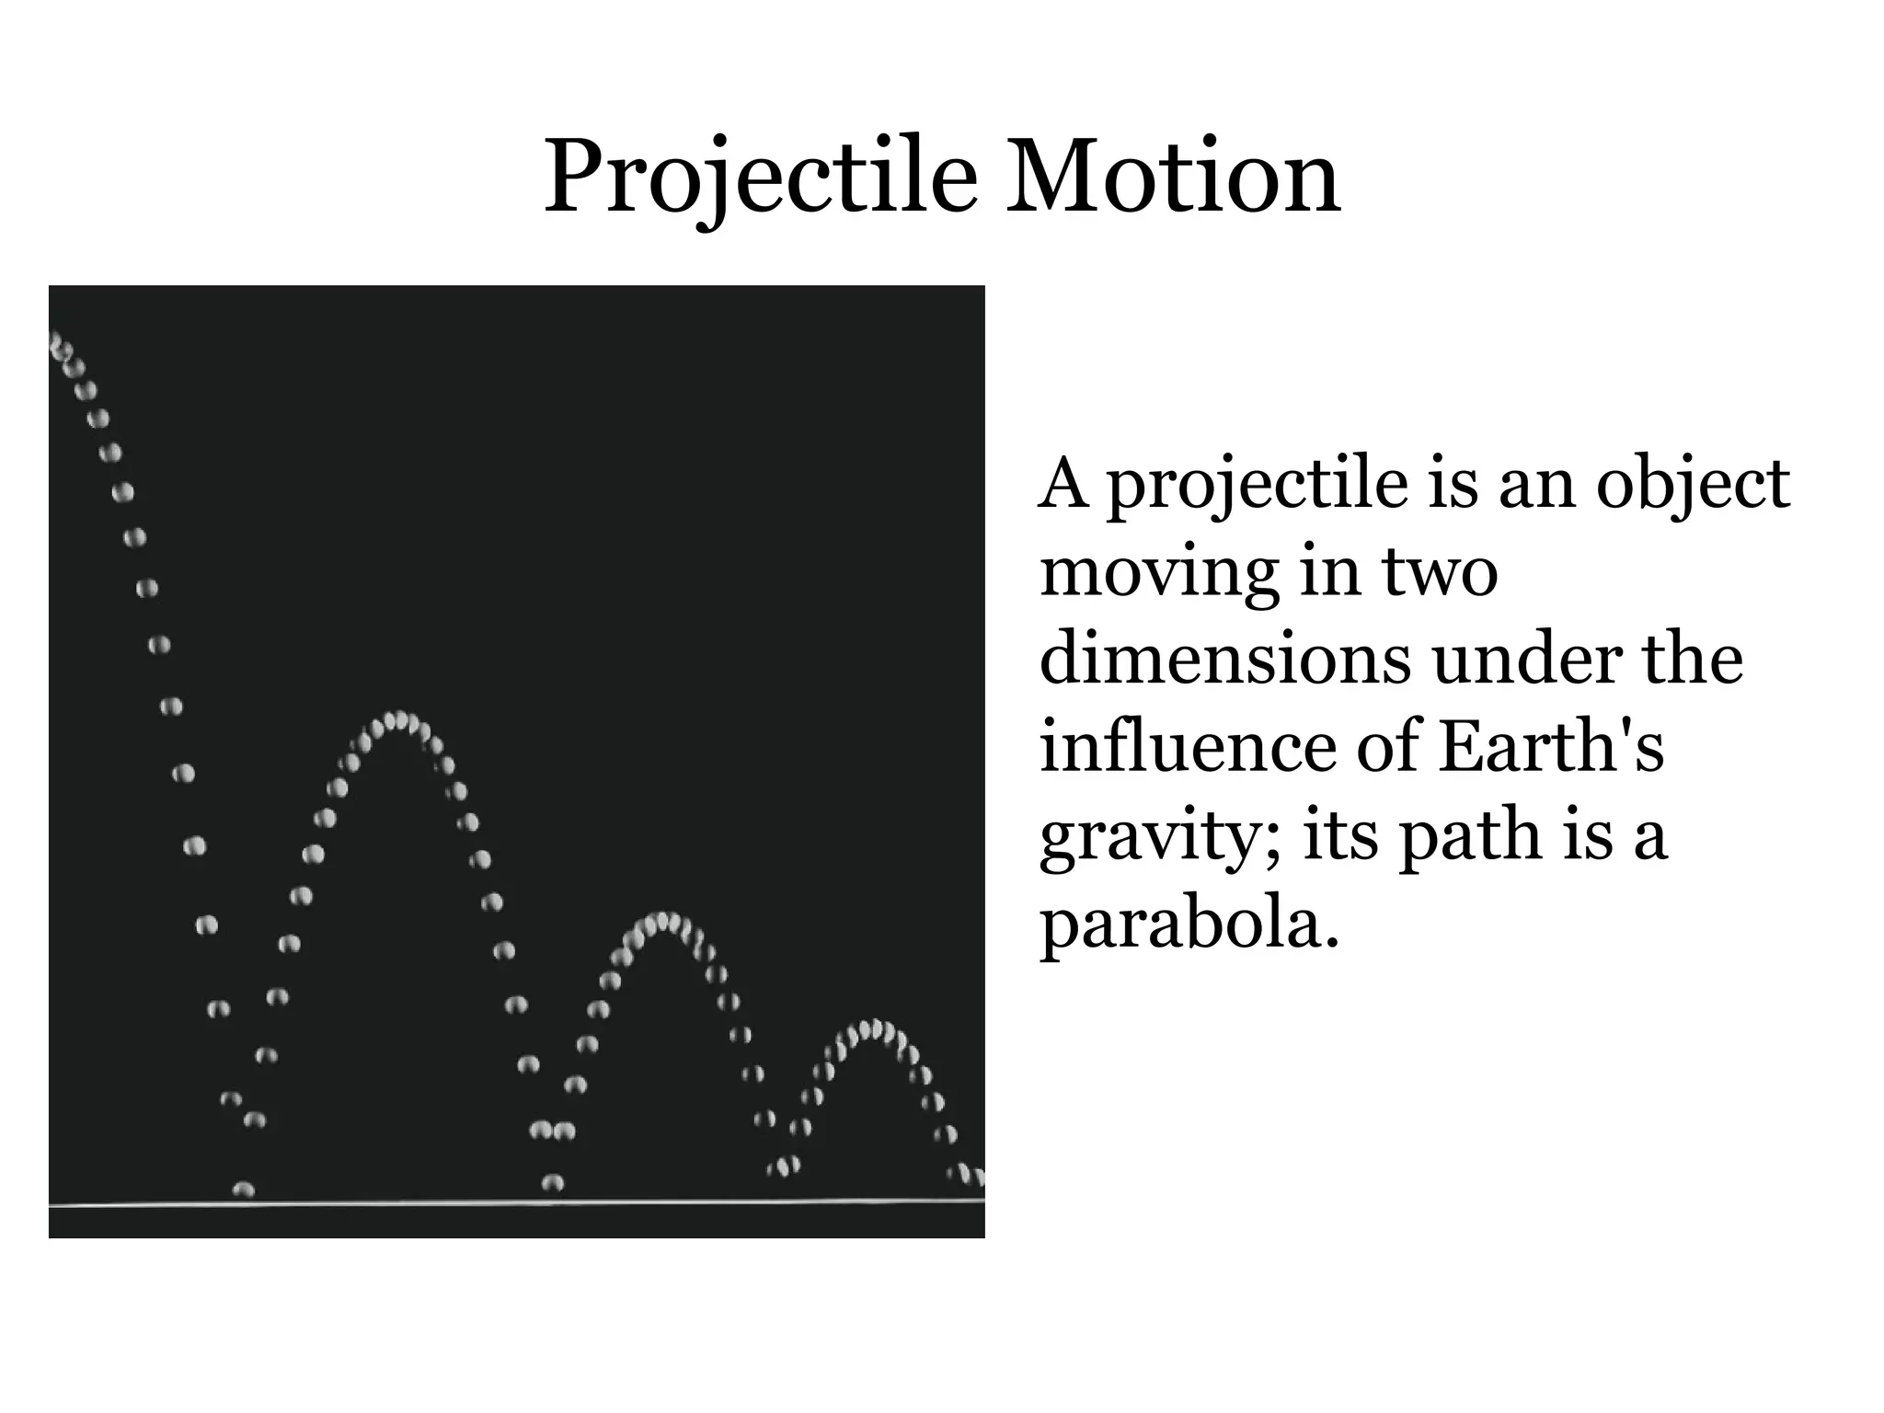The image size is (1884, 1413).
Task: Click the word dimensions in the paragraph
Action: [1224, 659]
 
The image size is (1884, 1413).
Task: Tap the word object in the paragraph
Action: [1693, 484]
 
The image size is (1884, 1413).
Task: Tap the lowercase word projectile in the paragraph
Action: [1257, 484]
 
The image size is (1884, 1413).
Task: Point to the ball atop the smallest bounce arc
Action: [876, 1028]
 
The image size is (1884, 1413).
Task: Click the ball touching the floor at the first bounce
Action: [243, 1189]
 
